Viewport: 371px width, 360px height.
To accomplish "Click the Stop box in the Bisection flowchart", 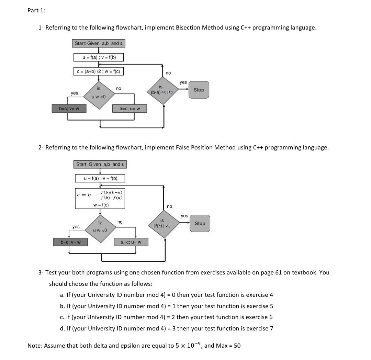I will tap(199, 90).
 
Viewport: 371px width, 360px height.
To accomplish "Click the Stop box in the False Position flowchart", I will tap(200, 223).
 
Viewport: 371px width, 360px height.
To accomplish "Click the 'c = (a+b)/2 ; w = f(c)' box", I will tap(99, 71).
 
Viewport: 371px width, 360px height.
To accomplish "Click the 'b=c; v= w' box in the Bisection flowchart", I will tap(69, 109).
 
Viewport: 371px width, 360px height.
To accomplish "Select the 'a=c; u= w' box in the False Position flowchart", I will tap(131, 242).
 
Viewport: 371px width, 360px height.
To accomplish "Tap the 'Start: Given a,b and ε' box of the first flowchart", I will tap(99, 43).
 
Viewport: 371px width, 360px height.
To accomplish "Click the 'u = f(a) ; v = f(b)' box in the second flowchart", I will tap(100, 178).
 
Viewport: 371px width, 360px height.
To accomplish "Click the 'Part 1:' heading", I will tap(36, 10).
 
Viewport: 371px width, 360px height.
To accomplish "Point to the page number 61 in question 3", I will tap(279, 272).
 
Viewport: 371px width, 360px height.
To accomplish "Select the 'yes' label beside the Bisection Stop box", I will tap(183, 82).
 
